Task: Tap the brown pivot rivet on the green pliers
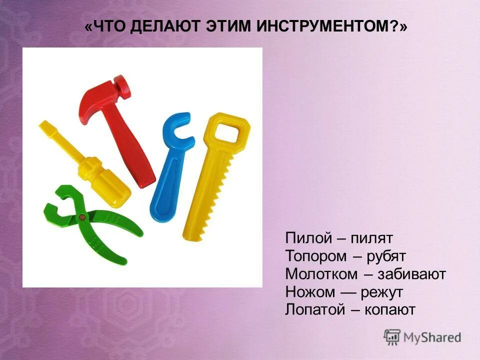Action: (82, 217)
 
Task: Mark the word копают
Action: (390, 309)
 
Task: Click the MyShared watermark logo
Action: (422, 337)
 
